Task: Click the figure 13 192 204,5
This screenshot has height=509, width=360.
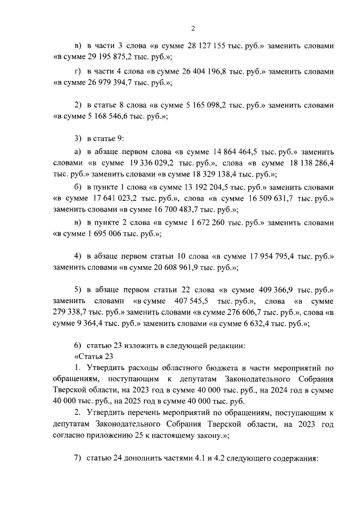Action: [223, 187]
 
